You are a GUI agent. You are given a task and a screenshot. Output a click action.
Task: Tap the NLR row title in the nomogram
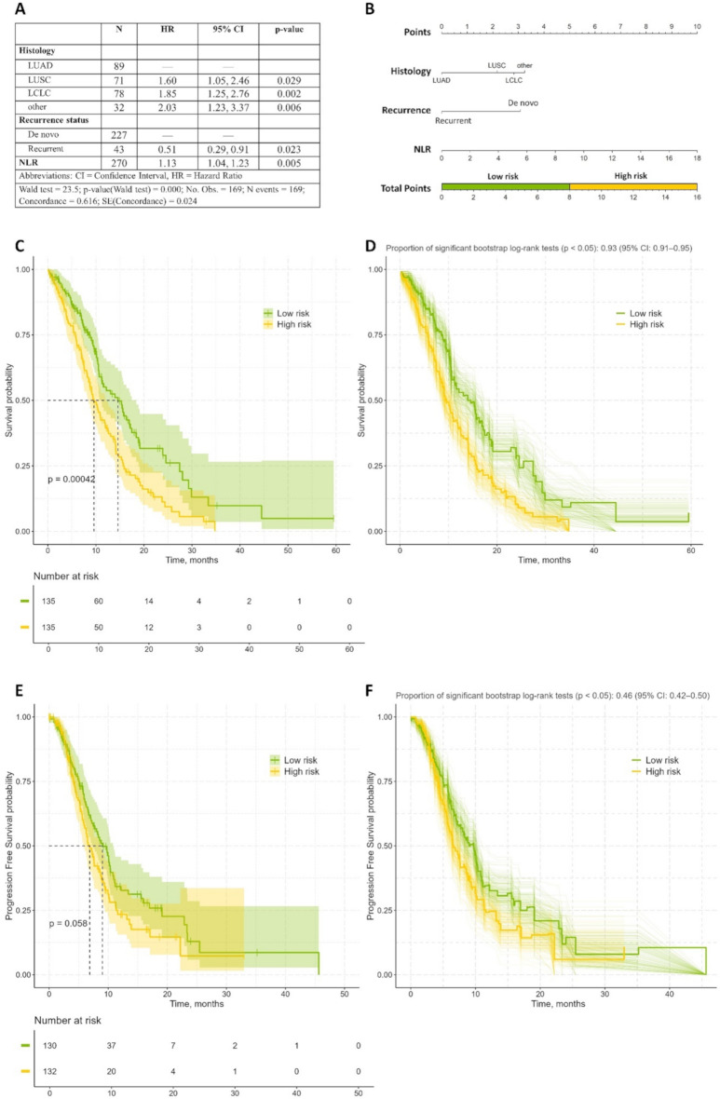[x=400, y=149]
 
